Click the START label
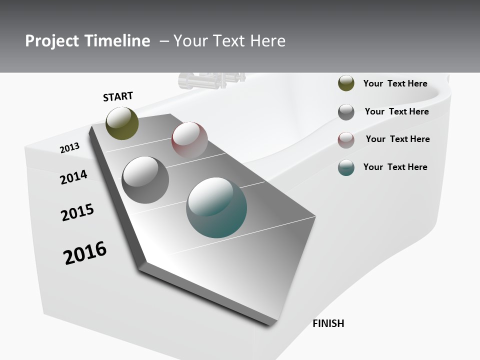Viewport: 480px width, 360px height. coord(118,96)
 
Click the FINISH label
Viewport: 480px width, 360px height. coord(328,323)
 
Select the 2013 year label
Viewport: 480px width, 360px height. coord(69,148)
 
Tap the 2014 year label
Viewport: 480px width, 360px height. coord(73,177)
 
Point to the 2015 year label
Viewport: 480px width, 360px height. coord(77,212)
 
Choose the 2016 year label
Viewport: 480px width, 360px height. coord(85,253)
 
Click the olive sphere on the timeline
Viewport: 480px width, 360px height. coord(122,123)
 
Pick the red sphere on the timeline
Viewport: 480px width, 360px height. coord(189,139)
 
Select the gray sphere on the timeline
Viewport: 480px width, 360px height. coord(145,180)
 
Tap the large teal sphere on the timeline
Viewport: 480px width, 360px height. coord(216,207)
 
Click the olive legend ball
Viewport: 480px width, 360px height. coord(346,83)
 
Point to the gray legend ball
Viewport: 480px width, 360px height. coord(346,112)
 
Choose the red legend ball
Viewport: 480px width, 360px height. coord(346,140)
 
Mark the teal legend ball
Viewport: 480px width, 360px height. coord(346,167)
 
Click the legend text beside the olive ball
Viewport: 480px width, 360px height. coord(395,83)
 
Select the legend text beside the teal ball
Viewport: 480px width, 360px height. coord(395,167)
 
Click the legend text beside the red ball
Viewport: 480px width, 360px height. coord(397,139)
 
